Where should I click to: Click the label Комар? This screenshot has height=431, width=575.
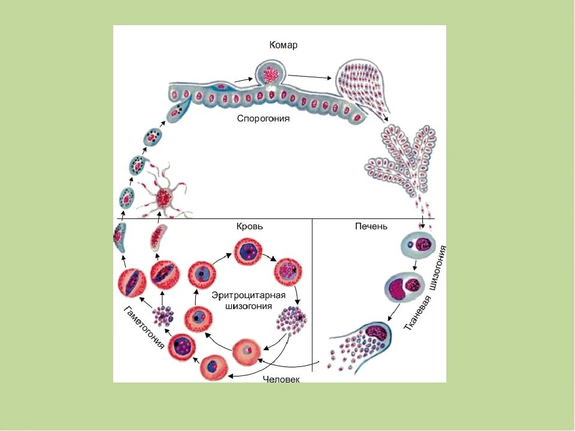283,45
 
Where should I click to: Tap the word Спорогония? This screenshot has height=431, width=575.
264,119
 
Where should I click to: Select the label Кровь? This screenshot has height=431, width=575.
249,227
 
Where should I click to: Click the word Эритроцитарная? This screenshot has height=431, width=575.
247,296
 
